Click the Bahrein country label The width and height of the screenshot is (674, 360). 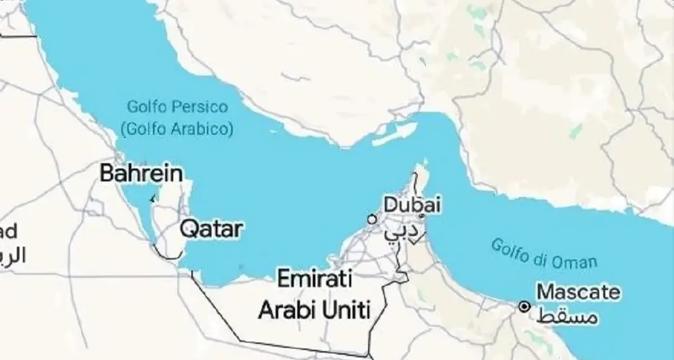(141, 173)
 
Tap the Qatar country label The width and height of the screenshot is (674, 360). (210, 229)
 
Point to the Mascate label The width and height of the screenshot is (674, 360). (578, 292)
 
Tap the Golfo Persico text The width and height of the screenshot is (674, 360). (177, 107)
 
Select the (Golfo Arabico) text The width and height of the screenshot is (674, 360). (176, 127)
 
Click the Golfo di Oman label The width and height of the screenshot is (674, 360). (544, 253)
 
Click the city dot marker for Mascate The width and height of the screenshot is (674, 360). (524, 306)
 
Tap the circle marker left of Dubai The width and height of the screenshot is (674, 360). (371, 218)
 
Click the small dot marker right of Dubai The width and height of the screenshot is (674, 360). (422, 216)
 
